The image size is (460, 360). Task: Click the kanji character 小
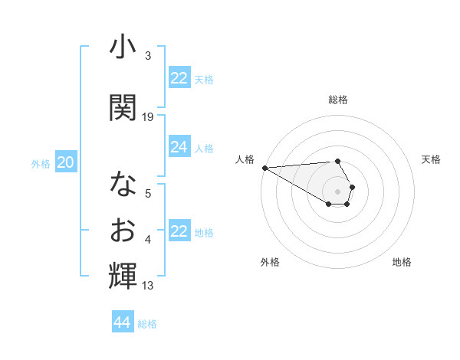coord(123,47)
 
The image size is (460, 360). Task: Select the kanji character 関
coord(123,106)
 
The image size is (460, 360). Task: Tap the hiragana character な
coord(123,184)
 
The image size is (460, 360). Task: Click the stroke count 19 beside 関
coord(148,116)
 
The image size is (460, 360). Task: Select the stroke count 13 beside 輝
coord(148,286)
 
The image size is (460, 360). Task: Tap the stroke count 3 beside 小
coord(148,56)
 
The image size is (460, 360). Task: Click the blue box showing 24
coord(179,147)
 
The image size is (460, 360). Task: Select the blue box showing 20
coord(66,162)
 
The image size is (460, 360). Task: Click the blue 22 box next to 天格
coord(179,78)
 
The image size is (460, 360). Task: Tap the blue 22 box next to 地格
coord(179,231)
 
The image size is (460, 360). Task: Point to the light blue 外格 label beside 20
coord(40,163)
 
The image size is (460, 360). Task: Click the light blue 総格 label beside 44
coord(147,324)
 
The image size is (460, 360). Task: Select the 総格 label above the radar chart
coord(337,100)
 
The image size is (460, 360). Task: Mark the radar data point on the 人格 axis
coord(264,168)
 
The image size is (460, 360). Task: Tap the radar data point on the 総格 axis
coord(337,162)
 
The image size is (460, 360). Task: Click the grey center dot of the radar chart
coord(337,190)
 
